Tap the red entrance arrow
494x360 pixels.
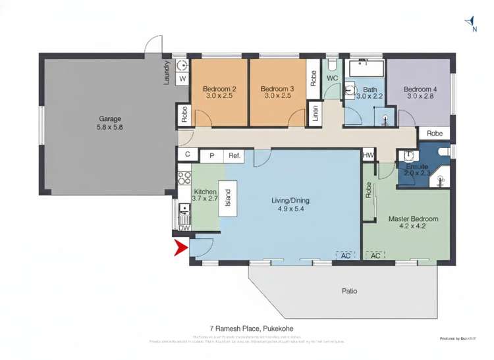180,248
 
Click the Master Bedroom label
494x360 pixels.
413,223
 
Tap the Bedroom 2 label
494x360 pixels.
219,93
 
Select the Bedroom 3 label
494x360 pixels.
277,93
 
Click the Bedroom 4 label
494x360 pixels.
420,93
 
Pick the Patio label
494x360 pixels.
349,290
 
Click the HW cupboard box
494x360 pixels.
368,155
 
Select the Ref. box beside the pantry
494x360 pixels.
234,156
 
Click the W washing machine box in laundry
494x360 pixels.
182,79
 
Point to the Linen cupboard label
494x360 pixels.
315,113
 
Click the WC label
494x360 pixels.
332,78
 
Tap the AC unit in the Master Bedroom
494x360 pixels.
375,255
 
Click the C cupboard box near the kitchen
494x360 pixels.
187,156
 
